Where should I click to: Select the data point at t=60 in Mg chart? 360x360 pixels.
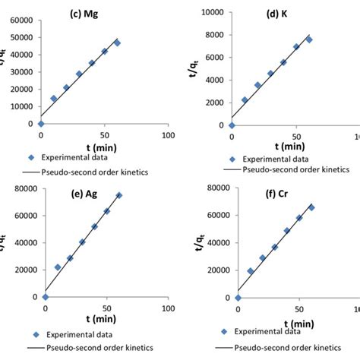pyautogui.click(x=117, y=43)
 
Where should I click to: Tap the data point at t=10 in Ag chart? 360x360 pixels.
pyautogui.click(x=58, y=267)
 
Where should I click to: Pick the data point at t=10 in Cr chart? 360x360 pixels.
pyautogui.click(x=251, y=270)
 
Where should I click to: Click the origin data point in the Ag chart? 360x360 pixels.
pyautogui.click(x=46, y=297)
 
